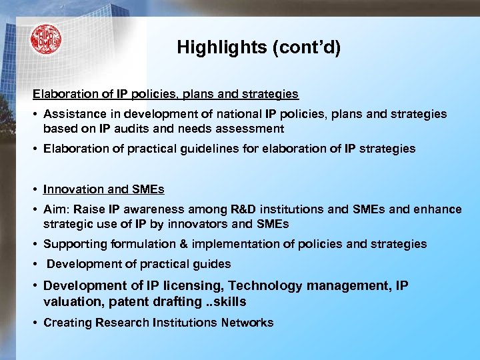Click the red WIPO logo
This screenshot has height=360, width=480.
pyautogui.click(x=45, y=40)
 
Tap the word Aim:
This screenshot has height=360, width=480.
pyautogui.click(x=57, y=209)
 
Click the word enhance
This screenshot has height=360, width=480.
pyautogui.click(x=437, y=209)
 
